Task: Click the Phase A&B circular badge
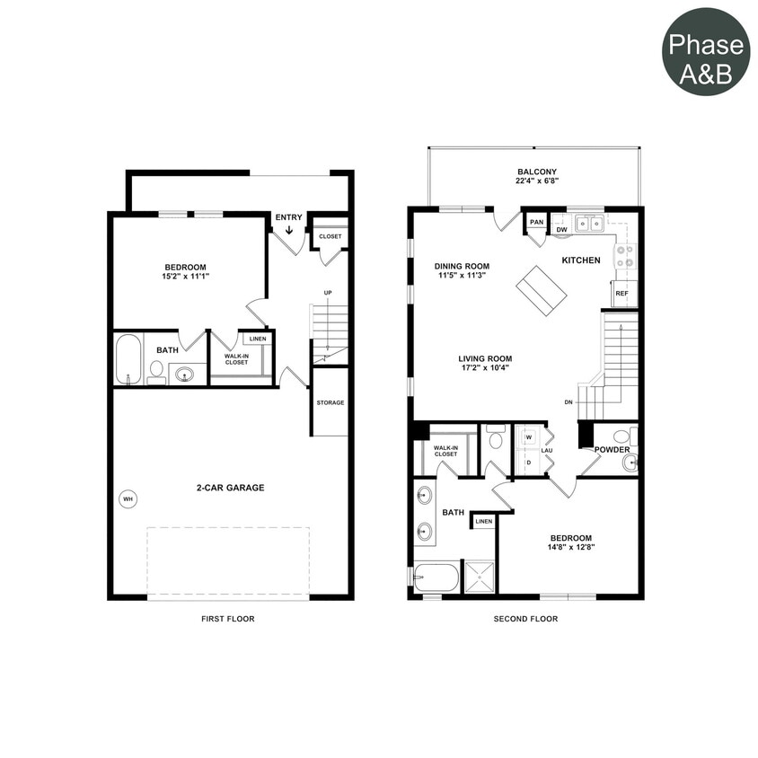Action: (706, 50)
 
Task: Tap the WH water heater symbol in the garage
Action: (128, 498)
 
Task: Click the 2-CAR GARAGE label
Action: (231, 488)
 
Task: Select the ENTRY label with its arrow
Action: (289, 222)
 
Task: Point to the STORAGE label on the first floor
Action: (330, 402)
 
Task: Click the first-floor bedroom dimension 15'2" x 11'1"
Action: (186, 277)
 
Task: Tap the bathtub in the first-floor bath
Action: (129, 359)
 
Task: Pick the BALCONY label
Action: (537, 172)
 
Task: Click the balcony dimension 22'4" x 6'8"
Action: (537, 181)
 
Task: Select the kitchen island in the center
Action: (542, 290)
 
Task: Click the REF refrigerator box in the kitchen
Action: (621, 294)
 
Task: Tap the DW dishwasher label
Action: (561, 230)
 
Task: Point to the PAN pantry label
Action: (537, 222)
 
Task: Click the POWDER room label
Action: (612, 450)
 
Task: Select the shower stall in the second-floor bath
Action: (479, 577)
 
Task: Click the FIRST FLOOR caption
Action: (229, 619)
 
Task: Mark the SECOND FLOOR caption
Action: (525, 619)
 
